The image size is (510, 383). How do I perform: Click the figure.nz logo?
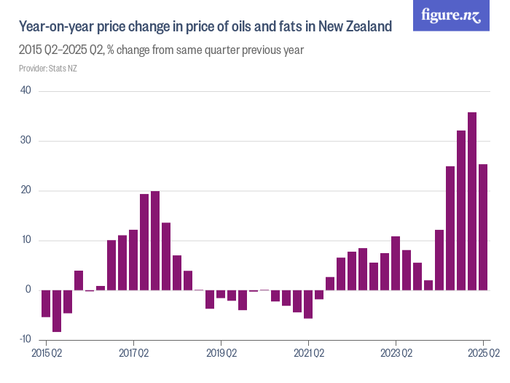point(451,15)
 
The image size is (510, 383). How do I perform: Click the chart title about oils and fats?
point(205,27)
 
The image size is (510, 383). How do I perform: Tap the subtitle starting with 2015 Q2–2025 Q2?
point(161,51)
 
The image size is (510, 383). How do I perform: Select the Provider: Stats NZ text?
point(48,69)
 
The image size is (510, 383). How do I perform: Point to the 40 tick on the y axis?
point(25,91)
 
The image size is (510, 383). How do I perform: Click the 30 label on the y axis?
point(25,141)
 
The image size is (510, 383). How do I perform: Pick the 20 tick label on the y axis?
point(25,190)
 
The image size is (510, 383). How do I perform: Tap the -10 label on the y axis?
point(25,339)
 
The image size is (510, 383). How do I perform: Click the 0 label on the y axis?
point(28,290)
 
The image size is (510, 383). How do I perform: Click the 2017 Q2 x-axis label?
point(133,354)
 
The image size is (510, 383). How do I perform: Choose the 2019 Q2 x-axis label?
point(221,354)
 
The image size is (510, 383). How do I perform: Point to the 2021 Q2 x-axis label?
point(308,354)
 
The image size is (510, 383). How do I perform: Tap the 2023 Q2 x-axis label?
point(396,354)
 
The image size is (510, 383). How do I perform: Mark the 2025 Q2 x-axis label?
point(483,354)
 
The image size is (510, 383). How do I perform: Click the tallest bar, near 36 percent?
point(472,201)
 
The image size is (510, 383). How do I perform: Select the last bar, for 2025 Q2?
point(483,227)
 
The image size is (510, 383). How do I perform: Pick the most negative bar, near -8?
point(57,311)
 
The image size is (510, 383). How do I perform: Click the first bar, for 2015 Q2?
point(46,303)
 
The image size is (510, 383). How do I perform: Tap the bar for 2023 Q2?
point(396,263)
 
